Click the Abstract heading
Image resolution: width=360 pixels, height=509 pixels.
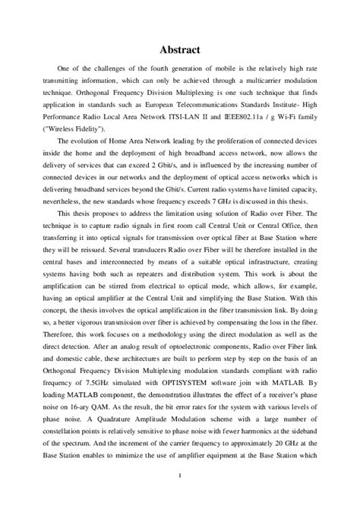tap(180, 50)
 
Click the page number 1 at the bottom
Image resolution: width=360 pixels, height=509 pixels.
tap(180, 477)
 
